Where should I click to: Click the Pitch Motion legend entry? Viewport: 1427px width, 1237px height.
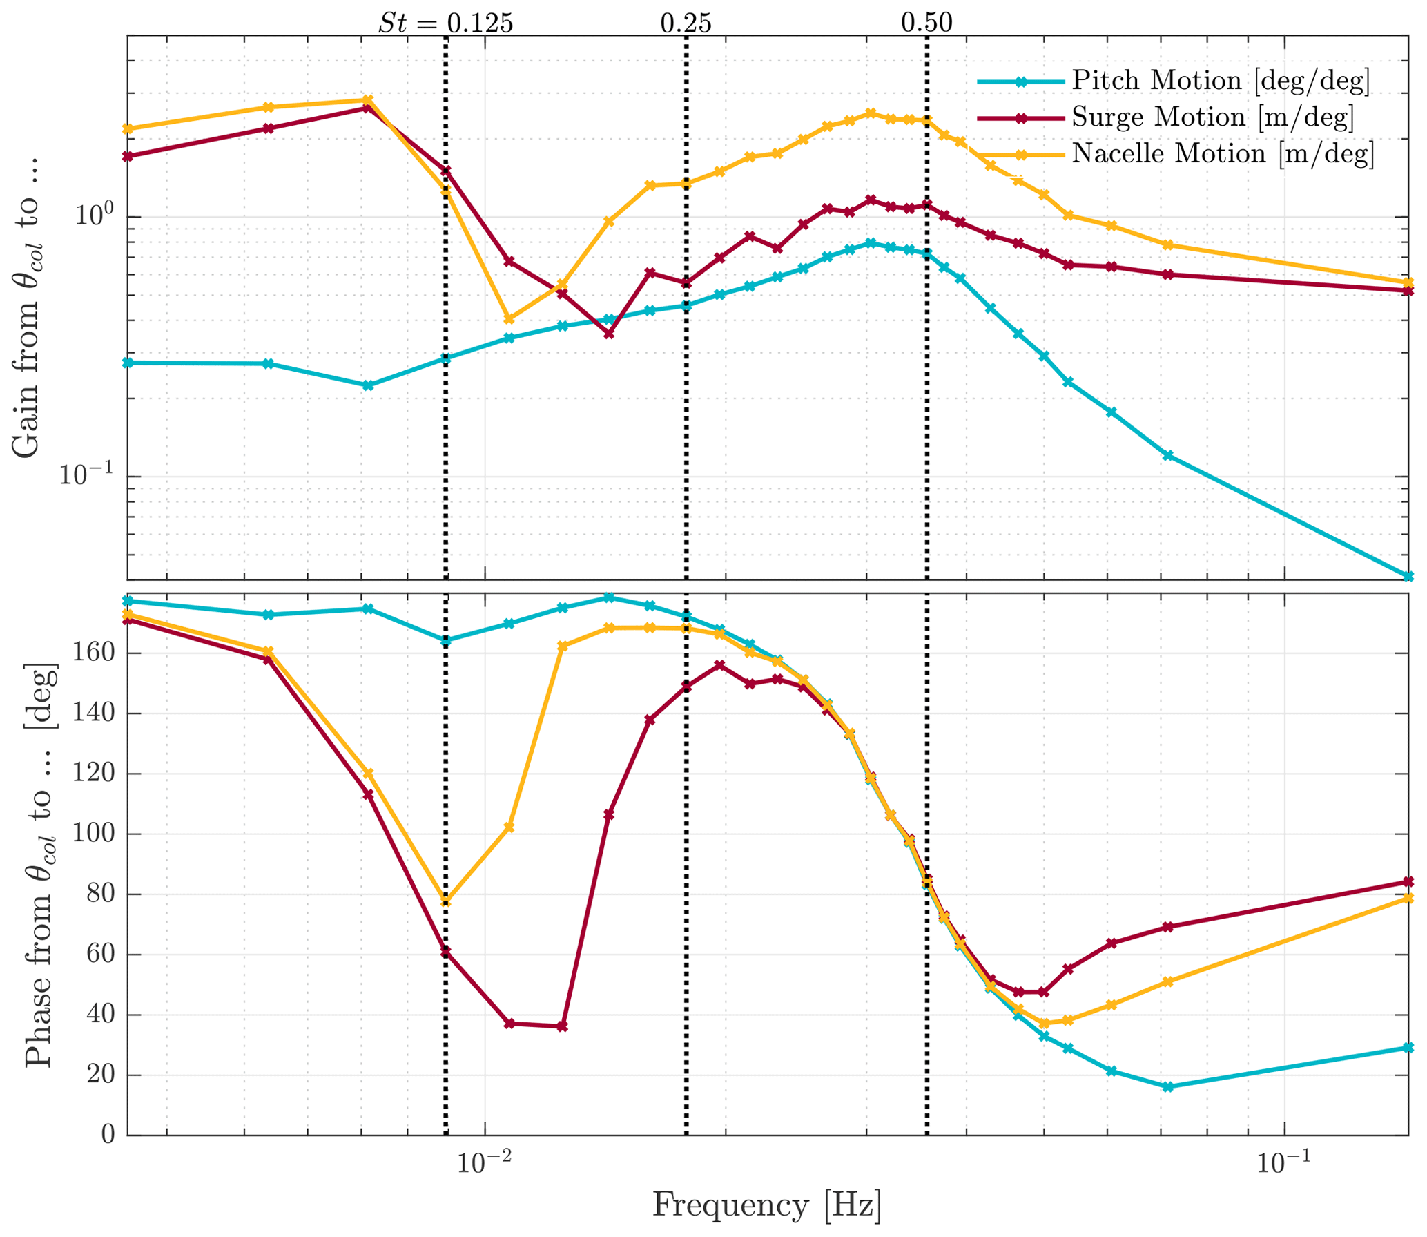[1219, 81]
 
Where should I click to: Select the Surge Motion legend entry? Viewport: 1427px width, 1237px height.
[1212, 117]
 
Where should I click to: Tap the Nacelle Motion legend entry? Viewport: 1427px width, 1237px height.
[1222, 153]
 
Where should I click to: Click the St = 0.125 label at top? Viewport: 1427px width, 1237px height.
[445, 23]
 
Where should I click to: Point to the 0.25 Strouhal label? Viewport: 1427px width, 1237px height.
[686, 23]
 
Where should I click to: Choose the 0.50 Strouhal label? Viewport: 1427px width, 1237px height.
[926, 23]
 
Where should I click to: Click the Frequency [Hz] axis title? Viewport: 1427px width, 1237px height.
[766, 1205]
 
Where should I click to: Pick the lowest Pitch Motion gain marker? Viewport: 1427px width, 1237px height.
[1408, 576]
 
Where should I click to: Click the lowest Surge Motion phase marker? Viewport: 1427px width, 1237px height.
[562, 1026]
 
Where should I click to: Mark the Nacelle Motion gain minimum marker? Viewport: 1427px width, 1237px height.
[509, 319]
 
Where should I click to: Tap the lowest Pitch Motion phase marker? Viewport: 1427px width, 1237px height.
[1167, 1086]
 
